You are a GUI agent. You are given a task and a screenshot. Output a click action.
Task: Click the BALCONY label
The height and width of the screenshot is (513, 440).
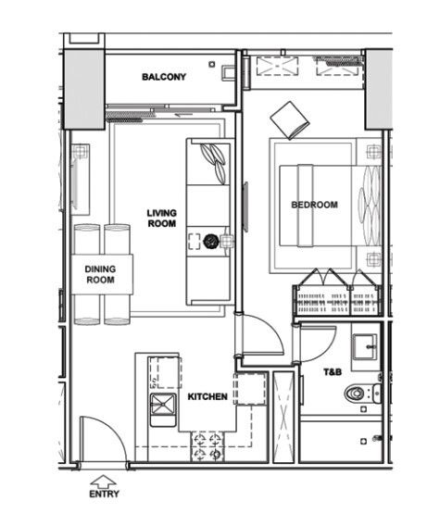tap(164, 77)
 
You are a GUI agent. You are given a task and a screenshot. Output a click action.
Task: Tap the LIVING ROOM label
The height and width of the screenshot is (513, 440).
tap(161, 219)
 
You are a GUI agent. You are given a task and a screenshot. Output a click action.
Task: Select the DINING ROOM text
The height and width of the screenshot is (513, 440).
tap(100, 274)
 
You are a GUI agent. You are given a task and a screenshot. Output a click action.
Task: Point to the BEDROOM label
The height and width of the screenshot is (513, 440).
tap(314, 205)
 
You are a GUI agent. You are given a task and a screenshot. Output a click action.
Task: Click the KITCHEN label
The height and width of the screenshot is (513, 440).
tap(207, 396)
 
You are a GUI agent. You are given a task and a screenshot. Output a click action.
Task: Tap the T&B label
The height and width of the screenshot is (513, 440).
tap(333, 372)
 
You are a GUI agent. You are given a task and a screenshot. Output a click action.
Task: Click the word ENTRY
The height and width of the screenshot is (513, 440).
tap(104, 494)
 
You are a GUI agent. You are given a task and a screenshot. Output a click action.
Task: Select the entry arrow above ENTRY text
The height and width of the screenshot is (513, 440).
tap(103, 481)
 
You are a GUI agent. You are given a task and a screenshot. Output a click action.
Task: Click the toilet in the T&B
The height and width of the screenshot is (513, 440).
tap(363, 393)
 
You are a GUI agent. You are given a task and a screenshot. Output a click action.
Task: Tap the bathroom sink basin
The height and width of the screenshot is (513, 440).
tap(364, 347)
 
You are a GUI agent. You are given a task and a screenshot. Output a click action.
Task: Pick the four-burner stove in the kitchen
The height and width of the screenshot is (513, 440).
tap(207, 446)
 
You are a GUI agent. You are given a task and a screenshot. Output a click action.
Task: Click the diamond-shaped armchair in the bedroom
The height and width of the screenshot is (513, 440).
tap(290, 120)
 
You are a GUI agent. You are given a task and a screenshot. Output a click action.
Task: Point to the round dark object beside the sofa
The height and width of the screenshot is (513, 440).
tap(210, 242)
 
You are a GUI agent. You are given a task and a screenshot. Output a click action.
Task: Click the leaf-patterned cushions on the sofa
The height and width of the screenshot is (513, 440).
tap(214, 163)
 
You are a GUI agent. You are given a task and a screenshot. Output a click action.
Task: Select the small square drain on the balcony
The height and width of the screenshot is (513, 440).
tap(212, 64)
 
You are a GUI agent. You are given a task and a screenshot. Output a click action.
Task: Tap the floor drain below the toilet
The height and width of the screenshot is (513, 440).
tap(363, 409)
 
